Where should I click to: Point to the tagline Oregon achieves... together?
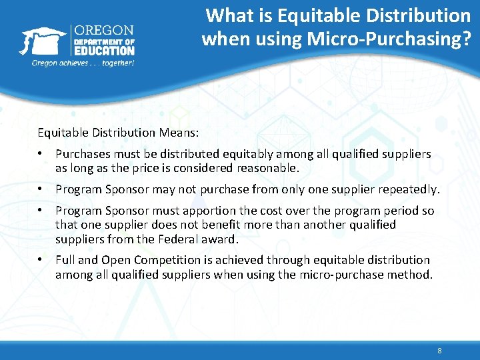(83, 63)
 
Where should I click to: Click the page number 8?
(439, 351)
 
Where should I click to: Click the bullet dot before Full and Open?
(41, 259)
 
